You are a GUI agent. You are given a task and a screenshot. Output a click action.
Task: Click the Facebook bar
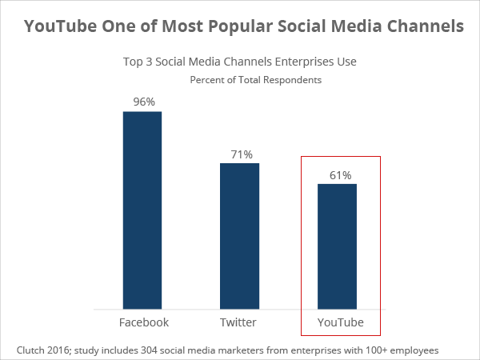tap(142, 210)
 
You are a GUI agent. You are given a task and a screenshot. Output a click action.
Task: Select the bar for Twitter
tap(240, 236)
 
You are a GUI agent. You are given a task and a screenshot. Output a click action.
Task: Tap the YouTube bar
tap(337, 246)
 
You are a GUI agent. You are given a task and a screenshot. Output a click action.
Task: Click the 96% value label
tap(142, 102)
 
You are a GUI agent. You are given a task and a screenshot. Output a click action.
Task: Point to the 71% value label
tap(240, 154)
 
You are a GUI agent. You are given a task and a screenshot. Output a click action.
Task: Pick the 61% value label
tap(338, 174)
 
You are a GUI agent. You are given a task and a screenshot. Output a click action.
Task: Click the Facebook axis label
tap(144, 322)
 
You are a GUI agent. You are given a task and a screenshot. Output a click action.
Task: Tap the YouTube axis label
tap(340, 322)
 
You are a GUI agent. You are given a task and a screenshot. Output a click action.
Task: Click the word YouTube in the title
tap(58, 26)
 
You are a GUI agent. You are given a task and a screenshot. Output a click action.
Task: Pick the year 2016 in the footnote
tap(62, 350)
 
